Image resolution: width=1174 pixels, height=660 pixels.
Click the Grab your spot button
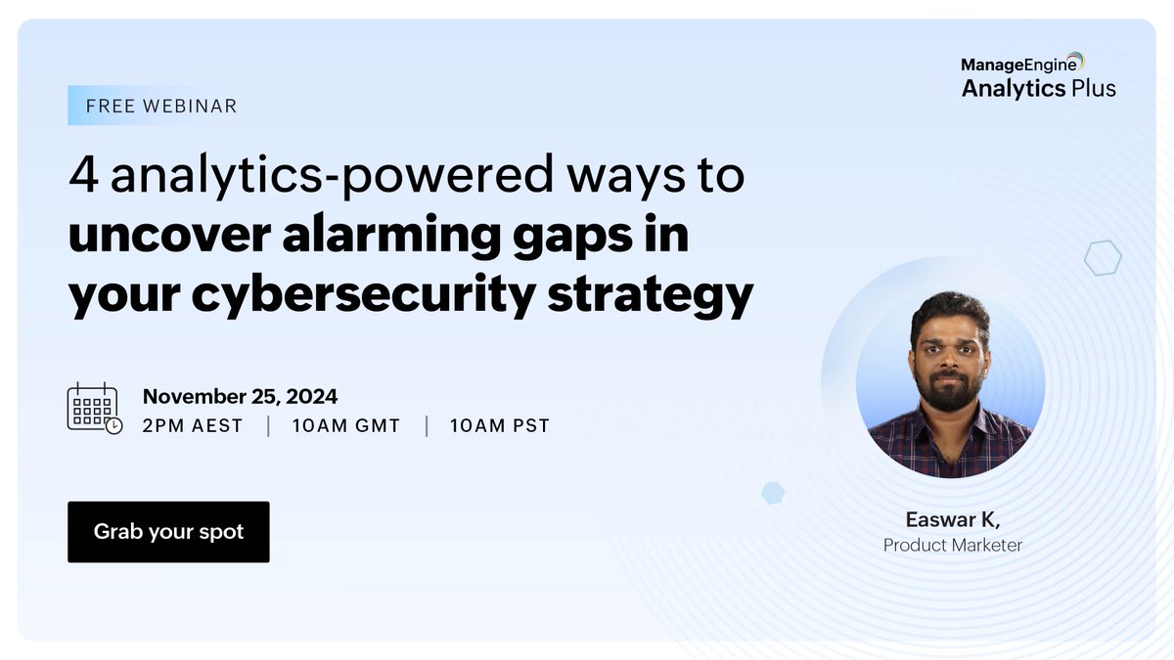point(168,532)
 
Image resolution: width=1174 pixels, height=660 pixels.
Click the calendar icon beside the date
point(94,409)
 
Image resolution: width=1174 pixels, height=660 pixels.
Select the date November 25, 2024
point(240,396)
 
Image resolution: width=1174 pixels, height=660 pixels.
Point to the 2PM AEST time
point(192,426)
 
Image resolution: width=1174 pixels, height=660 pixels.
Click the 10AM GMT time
point(346,426)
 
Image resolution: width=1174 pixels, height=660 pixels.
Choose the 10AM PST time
point(499,426)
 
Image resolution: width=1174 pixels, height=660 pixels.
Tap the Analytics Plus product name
point(1038,89)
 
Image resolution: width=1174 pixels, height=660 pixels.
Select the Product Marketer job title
point(952,546)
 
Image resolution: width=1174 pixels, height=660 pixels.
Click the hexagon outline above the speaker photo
point(1103,258)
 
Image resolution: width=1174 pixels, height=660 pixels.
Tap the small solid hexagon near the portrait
point(773,492)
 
